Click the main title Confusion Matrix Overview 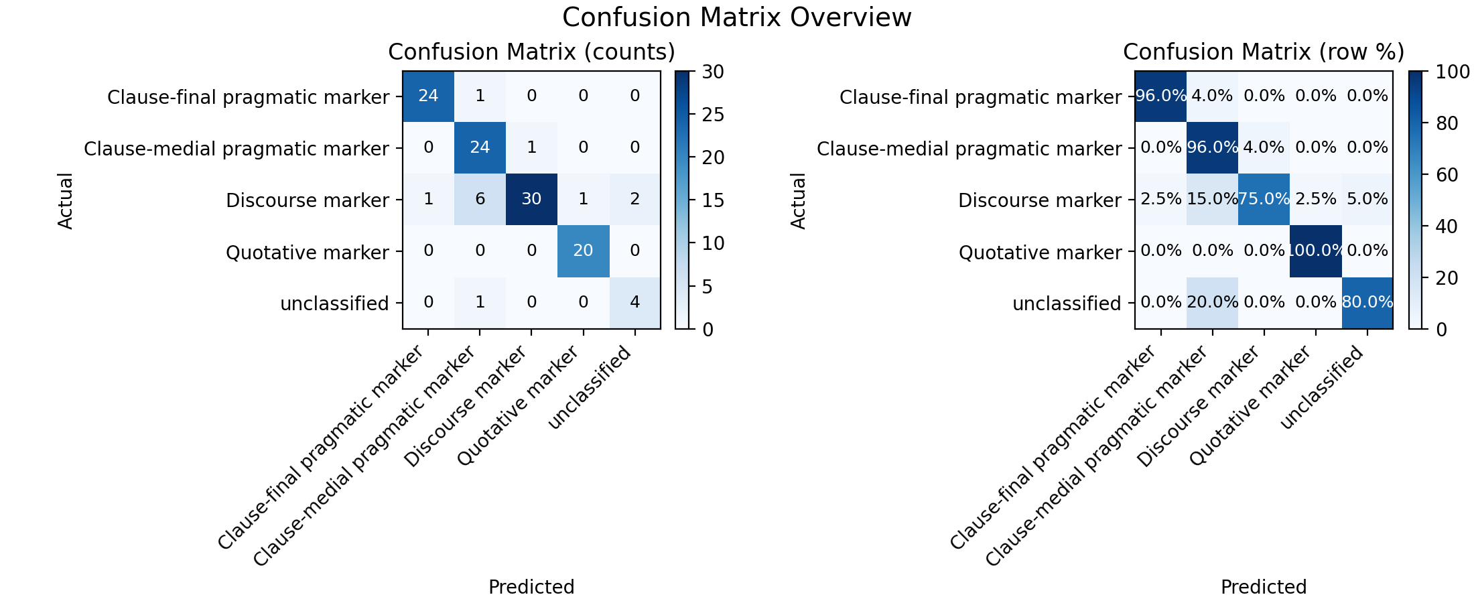click(x=736, y=17)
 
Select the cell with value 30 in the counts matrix click(x=531, y=200)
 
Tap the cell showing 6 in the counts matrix click(x=480, y=200)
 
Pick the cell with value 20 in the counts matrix click(x=583, y=251)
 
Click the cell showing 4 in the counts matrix click(x=634, y=303)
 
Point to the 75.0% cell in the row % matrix click(x=1264, y=200)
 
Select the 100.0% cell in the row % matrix click(x=1315, y=251)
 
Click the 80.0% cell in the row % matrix click(x=1367, y=303)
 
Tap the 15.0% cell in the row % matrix click(x=1212, y=200)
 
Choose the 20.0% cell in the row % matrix click(x=1212, y=303)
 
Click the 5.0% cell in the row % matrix click(x=1367, y=200)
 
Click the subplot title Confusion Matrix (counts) click(x=531, y=52)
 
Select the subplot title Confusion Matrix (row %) click(x=1264, y=52)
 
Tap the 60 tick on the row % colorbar click(x=1446, y=175)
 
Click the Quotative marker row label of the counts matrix click(x=308, y=253)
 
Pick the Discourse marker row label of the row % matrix click(x=1040, y=200)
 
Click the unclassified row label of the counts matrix click(x=334, y=304)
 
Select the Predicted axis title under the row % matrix click(x=1264, y=587)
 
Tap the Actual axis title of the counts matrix click(x=65, y=200)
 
